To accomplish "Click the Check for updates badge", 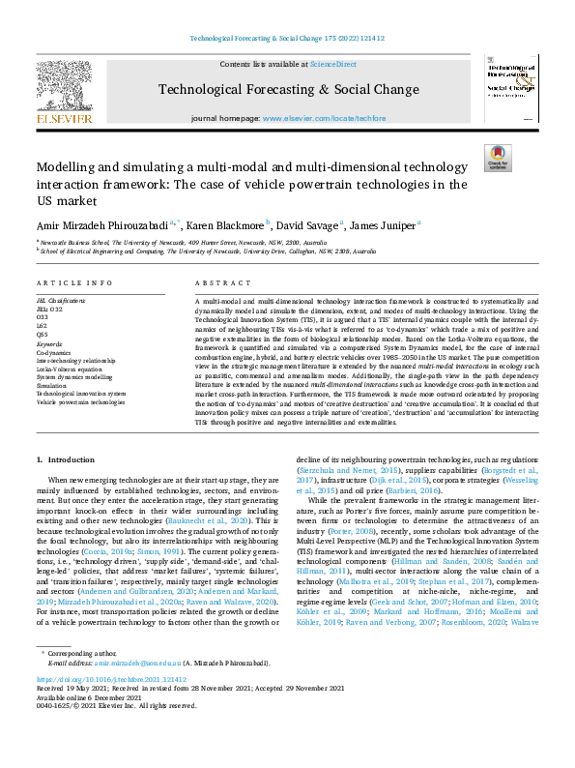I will tap(497, 158).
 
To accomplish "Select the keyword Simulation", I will tap(54, 385).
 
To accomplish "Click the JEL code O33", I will tap(43, 316).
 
